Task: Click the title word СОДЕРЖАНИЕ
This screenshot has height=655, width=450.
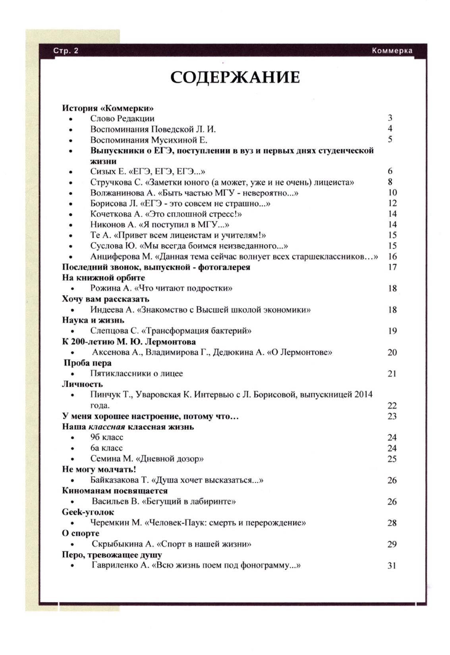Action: click(x=235, y=77)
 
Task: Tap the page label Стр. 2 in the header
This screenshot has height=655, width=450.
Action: click(x=66, y=51)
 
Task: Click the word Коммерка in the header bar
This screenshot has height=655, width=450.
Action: click(x=392, y=51)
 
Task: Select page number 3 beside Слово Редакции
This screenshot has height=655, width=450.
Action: click(x=390, y=118)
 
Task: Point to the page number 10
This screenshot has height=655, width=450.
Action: click(x=392, y=193)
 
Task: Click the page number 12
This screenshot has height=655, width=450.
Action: click(x=392, y=203)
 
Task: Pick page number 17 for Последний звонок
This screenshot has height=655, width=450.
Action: click(x=392, y=267)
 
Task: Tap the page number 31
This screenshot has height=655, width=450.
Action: click(x=392, y=566)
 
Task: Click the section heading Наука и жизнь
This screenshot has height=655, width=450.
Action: click(x=93, y=320)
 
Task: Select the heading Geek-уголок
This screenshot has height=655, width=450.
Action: click(x=88, y=512)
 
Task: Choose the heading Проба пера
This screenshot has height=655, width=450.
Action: click(x=88, y=363)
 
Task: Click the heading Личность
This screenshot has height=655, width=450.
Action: click(x=82, y=384)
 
